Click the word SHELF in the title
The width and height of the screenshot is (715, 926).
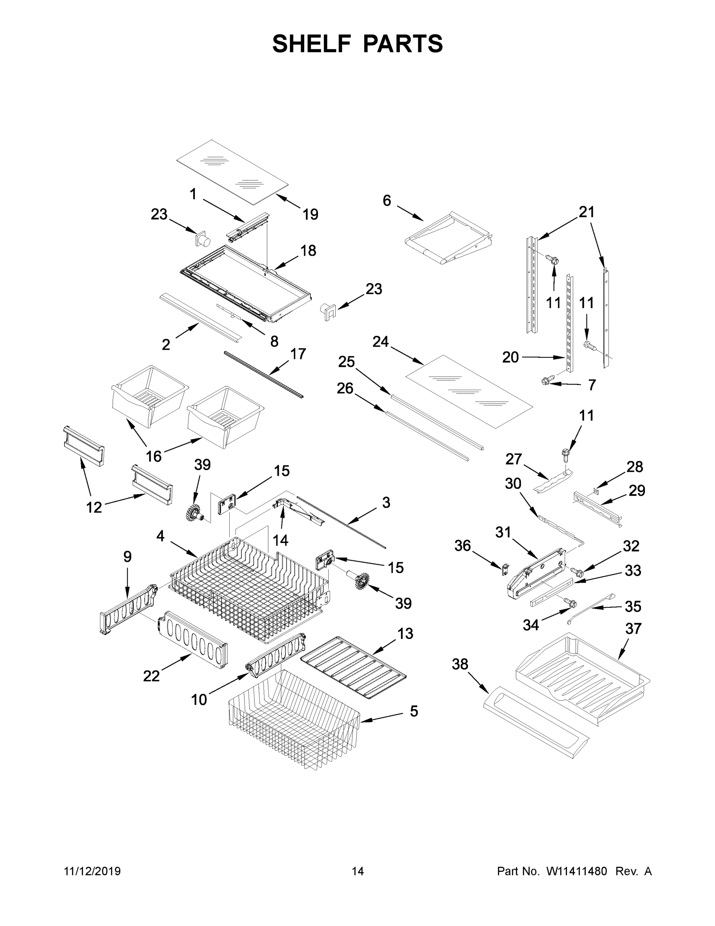(x=311, y=44)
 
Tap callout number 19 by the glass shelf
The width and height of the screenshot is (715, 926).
(x=310, y=215)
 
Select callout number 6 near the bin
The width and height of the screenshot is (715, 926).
(x=387, y=201)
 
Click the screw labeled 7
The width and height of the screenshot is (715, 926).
(x=545, y=382)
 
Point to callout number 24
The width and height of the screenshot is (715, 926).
(x=380, y=342)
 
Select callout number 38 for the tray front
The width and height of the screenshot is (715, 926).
(x=459, y=664)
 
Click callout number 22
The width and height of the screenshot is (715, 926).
(x=151, y=676)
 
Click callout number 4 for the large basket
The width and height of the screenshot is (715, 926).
(x=160, y=536)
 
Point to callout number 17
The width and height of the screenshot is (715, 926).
(x=298, y=354)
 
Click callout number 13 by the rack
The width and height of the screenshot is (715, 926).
(x=405, y=634)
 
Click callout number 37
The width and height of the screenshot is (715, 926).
(x=633, y=629)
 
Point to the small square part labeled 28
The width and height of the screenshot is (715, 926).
(x=596, y=491)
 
